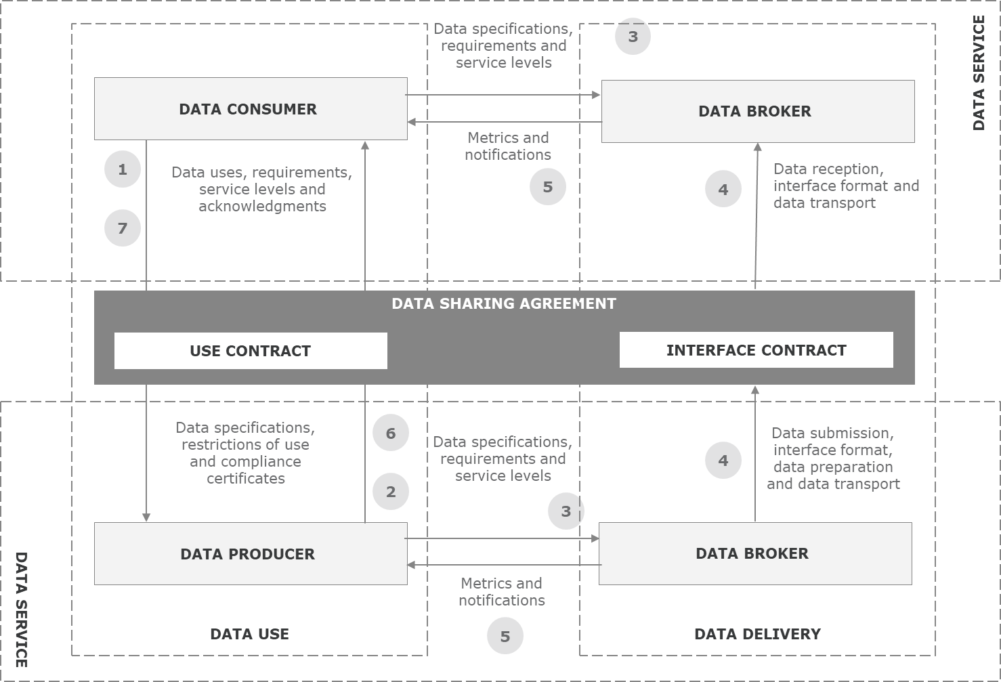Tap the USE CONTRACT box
pyautogui.click(x=251, y=351)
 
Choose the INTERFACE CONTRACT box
pyautogui.click(x=756, y=350)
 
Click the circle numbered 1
pyautogui.click(x=123, y=169)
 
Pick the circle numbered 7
pyautogui.click(x=123, y=228)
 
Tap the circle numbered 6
pyautogui.click(x=391, y=433)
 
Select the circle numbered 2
pyautogui.click(x=391, y=492)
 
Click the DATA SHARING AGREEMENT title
pyautogui.click(x=504, y=303)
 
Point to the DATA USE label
pyautogui.click(x=249, y=634)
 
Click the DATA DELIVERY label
pyautogui.click(x=757, y=634)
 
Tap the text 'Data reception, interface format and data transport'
pyautogui.click(x=845, y=186)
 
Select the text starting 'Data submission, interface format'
pyautogui.click(x=832, y=459)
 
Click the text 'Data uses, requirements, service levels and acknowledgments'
pyautogui.click(x=261, y=189)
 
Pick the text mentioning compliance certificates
pyautogui.click(x=245, y=453)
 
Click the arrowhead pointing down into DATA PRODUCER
pyautogui.click(x=146, y=517)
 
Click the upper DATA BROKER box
pyautogui.click(x=757, y=111)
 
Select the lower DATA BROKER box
pyautogui.click(x=754, y=553)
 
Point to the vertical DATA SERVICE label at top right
pyautogui.click(x=979, y=73)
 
